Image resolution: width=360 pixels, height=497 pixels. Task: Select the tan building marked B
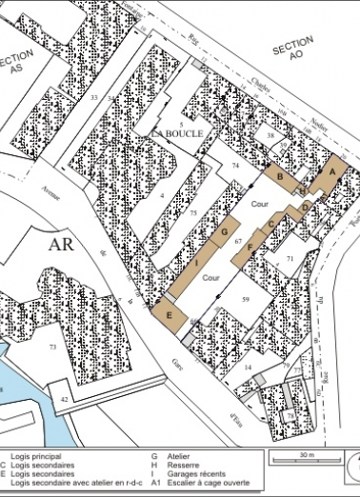tap(280, 176)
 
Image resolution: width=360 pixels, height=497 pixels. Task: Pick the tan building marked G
tap(225, 232)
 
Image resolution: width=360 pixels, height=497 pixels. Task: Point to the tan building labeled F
tap(250, 247)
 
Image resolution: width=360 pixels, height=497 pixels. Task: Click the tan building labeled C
tap(272, 223)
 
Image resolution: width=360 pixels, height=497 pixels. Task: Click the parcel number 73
tap(52, 348)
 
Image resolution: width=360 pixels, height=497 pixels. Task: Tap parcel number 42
tap(65, 400)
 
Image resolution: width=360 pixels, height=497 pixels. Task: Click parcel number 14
tap(247, 367)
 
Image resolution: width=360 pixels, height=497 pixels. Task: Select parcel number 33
tap(93, 97)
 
